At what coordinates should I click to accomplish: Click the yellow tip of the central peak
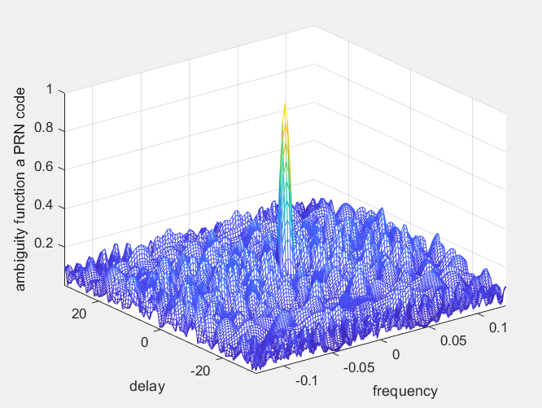(x=285, y=107)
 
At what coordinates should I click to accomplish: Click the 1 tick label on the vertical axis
(x=50, y=90)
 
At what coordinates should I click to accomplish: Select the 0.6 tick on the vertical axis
(x=45, y=168)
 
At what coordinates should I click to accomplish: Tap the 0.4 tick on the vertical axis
(x=45, y=206)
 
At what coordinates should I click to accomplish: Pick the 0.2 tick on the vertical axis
(x=45, y=244)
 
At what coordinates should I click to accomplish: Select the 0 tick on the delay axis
(x=144, y=342)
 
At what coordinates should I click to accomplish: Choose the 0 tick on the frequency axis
(x=396, y=355)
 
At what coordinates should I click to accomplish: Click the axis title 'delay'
(x=146, y=385)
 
